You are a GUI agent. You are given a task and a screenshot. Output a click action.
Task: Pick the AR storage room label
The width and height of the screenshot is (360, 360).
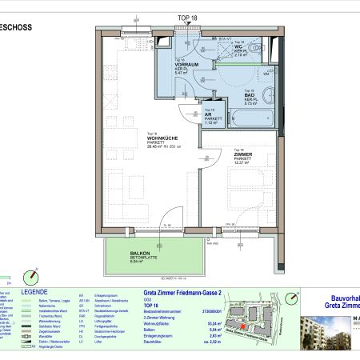(209, 114)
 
